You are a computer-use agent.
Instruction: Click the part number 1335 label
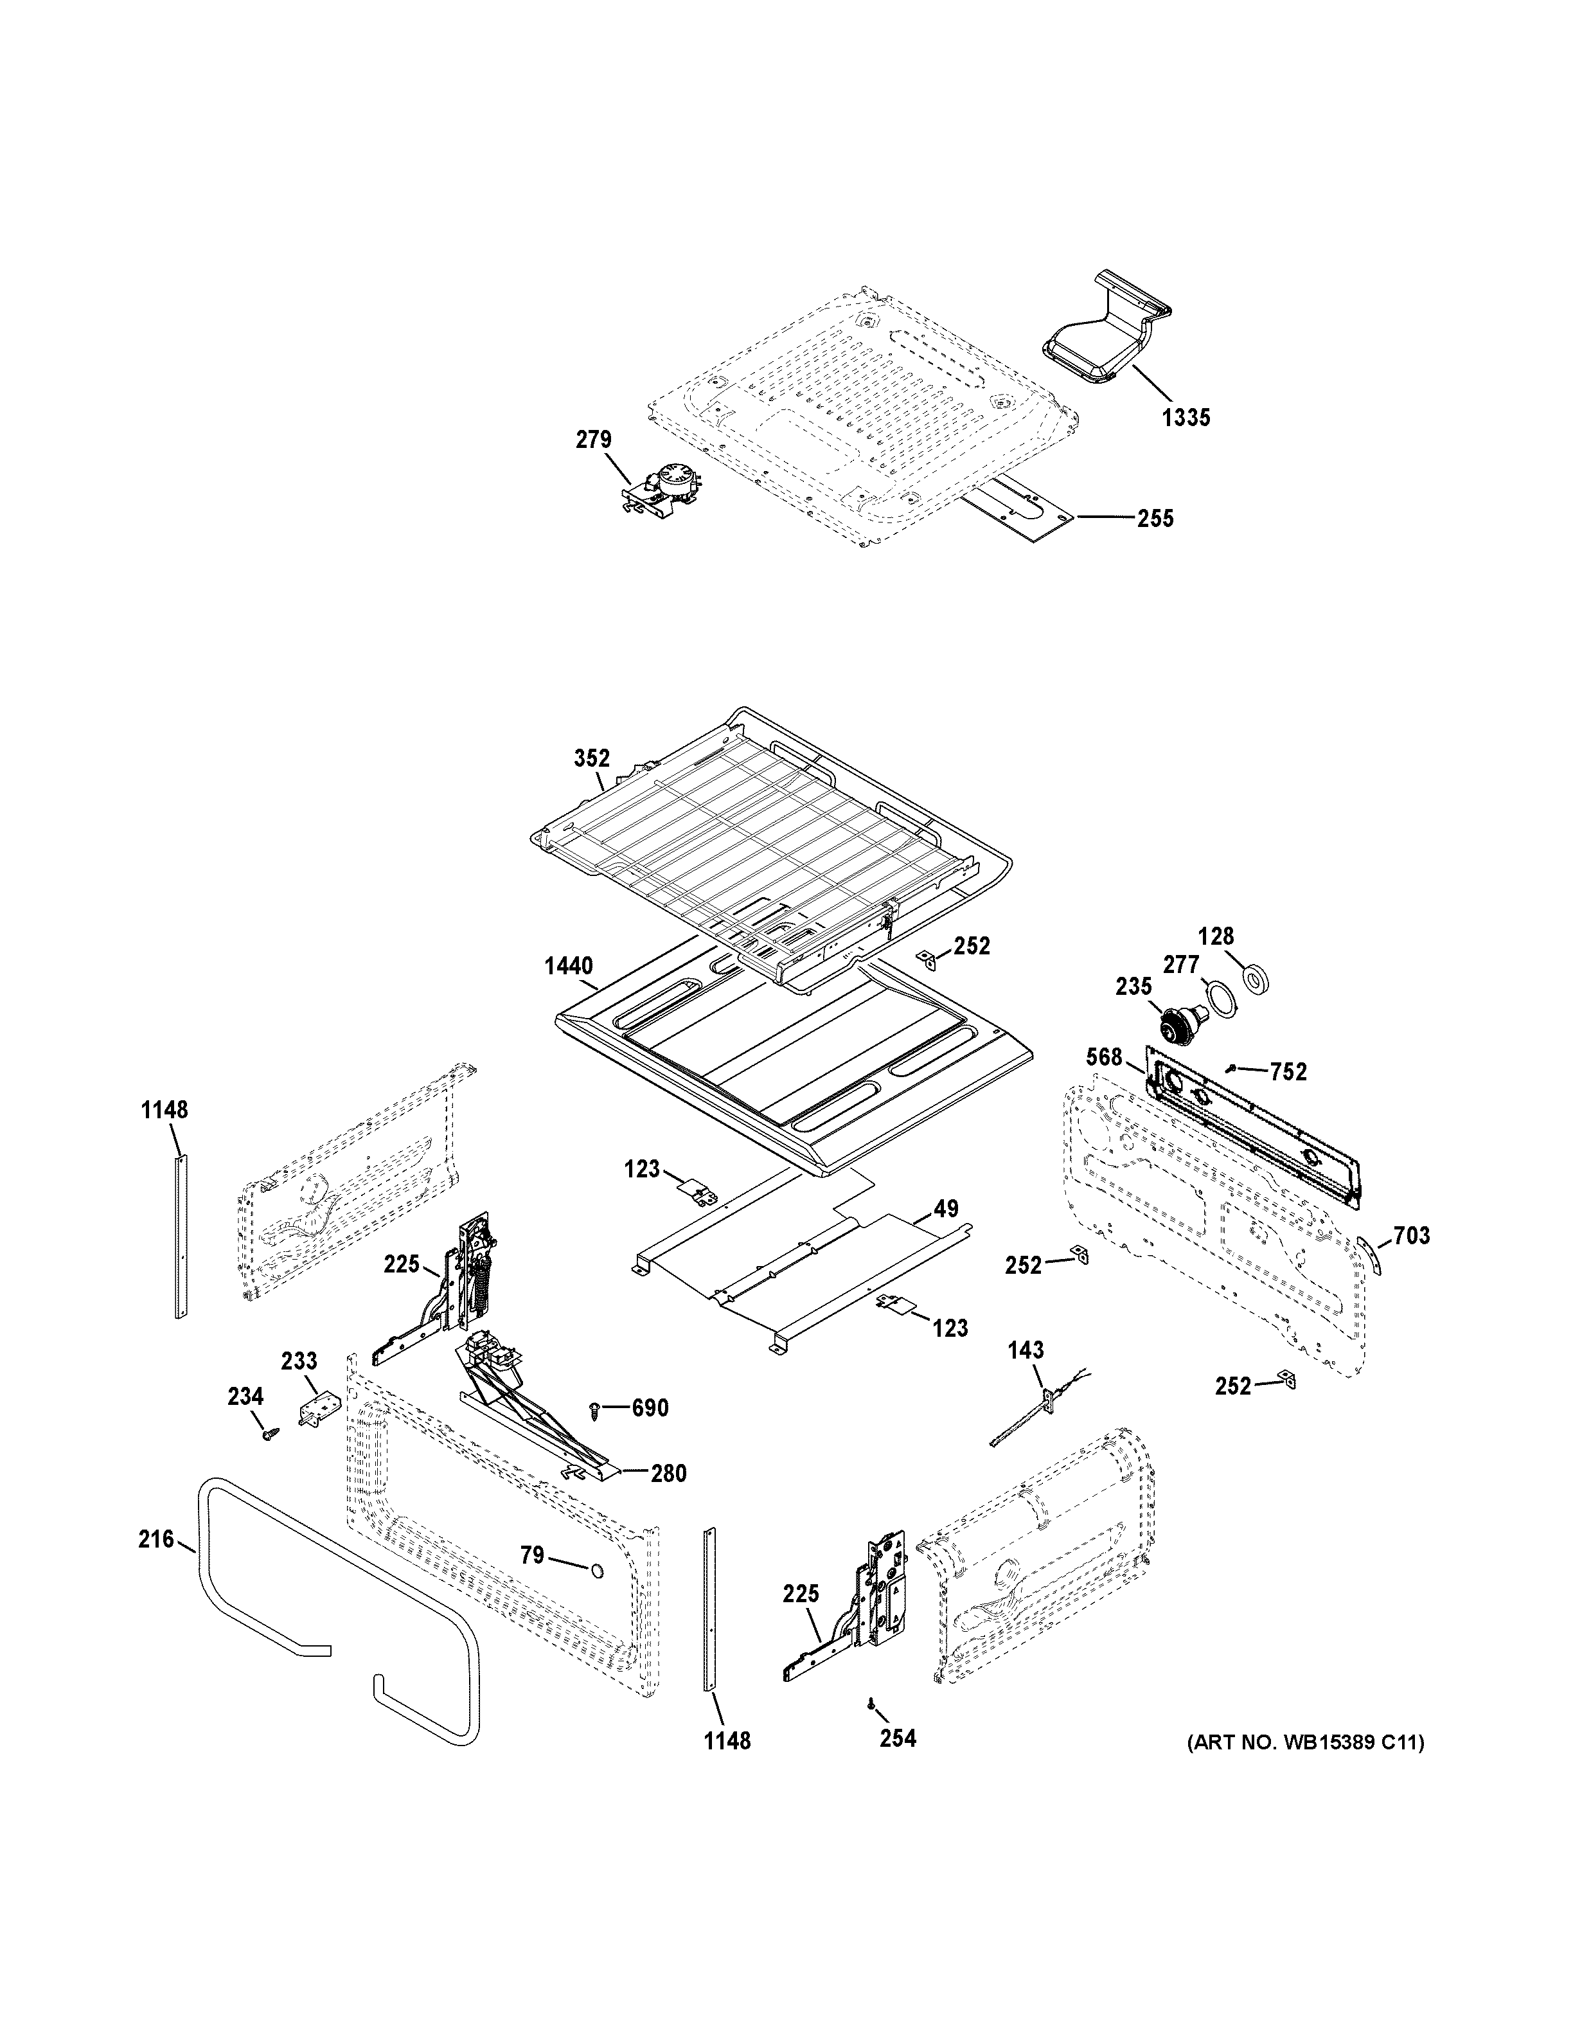pyautogui.click(x=1186, y=418)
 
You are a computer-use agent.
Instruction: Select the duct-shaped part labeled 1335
pyautogui.click(x=1099, y=340)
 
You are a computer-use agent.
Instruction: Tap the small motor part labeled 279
pyautogui.click(x=664, y=490)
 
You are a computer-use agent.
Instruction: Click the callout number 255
pyautogui.click(x=1155, y=519)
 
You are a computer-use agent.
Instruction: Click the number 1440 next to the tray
pyautogui.click(x=569, y=966)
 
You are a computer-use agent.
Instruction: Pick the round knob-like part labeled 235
pyautogui.click(x=1177, y=1028)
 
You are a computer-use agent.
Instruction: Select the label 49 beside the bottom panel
pyautogui.click(x=946, y=1209)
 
